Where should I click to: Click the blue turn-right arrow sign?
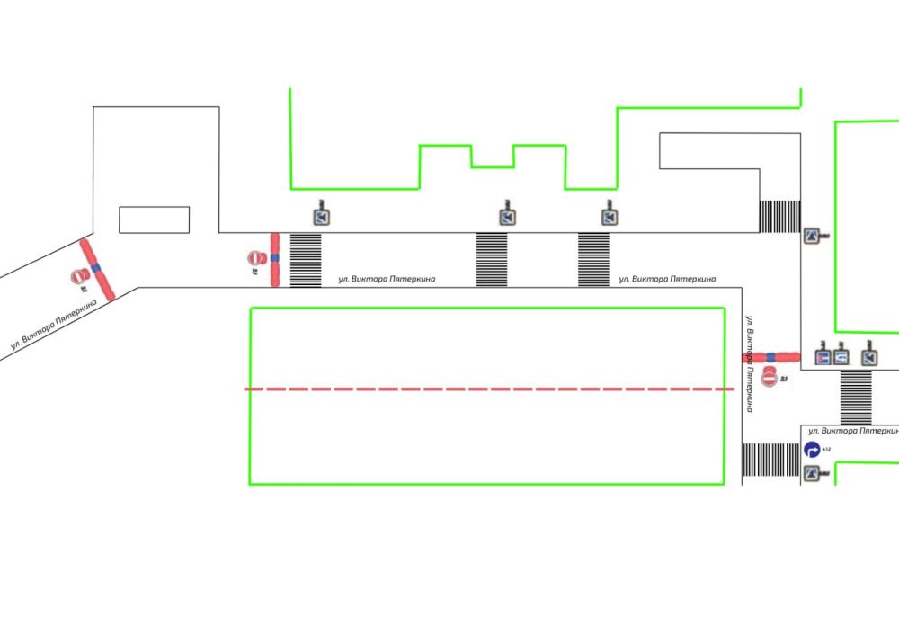click(x=811, y=450)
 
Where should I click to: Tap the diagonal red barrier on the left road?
click(x=95, y=269)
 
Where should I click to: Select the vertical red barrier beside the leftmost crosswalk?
click(x=275, y=259)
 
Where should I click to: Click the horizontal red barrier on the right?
click(x=771, y=357)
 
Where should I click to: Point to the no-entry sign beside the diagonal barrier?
click(x=80, y=275)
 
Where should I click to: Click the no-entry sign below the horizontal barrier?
click(x=770, y=377)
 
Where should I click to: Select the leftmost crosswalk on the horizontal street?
click(x=306, y=260)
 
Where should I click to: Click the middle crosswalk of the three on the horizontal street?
click(x=492, y=260)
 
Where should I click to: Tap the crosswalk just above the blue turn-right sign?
click(x=856, y=397)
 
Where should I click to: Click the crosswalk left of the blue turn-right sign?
click(x=771, y=460)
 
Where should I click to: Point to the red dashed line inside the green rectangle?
click(x=490, y=389)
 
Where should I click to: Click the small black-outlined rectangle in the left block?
click(x=155, y=219)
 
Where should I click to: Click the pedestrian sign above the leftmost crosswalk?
click(x=322, y=216)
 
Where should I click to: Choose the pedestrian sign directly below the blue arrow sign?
click(x=814, y=475)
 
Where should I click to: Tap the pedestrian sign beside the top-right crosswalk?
click(x=814, y=237)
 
